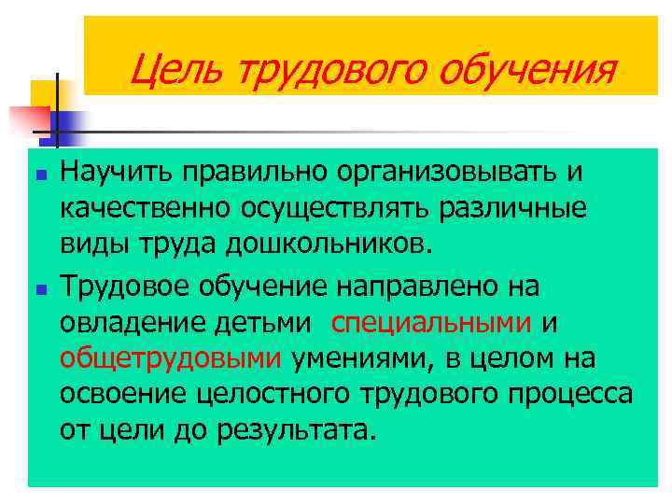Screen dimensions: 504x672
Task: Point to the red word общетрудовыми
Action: coord(170,357)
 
